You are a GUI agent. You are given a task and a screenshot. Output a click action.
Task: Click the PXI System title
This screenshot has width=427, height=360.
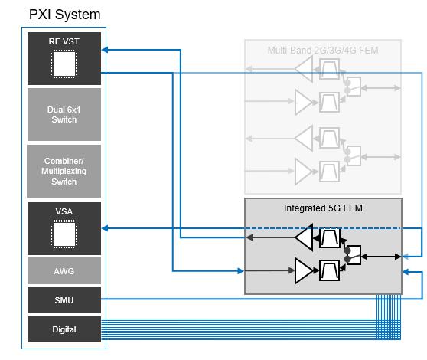pyautogui.click(x=64, y=15)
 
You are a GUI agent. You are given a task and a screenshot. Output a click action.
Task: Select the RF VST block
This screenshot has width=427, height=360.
pyautogui.click(x=64, y=58)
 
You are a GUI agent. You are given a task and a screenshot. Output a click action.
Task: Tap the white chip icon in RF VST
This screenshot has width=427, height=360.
pyautogui.click(x=64, y=64)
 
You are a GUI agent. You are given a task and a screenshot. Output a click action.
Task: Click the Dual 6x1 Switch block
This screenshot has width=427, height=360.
pyautogui.click(x=64, y=114)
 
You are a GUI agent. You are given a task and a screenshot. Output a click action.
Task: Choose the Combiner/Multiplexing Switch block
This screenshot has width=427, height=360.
pyautogui.click(x=64, y=171)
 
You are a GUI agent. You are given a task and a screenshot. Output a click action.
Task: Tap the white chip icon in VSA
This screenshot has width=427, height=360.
pyautogui.click(x=64, y=234)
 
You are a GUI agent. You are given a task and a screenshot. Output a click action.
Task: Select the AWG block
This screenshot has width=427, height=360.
pyautogui.click(x=64, y=271)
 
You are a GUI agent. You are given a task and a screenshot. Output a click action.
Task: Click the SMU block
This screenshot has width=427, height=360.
pyautogui.click(x=64, y=300)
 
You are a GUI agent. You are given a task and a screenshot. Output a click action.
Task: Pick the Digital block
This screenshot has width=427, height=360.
pyautogui.click(x=64, y=329)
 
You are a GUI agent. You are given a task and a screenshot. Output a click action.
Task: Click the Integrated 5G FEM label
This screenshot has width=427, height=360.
pyautogui.click(x=323, y=208)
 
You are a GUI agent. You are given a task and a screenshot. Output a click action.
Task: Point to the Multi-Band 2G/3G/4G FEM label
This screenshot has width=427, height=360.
pyautogui.click(x=323, y=51)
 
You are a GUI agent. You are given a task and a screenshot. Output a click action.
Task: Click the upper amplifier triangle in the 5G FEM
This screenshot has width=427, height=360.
pyautogui.click(x=305, y=237)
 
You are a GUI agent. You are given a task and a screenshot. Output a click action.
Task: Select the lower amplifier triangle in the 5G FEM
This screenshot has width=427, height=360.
pyautogui.click(x=304, y=270)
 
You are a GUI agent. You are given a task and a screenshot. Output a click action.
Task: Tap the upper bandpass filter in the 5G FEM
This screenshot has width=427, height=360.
pyautogui.click(x=330, y=237)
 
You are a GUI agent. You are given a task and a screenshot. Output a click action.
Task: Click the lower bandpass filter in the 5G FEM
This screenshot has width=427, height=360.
pyautogui.click(x=330, y=270)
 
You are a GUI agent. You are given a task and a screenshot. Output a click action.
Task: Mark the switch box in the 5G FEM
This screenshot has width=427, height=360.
pyautogui.click(x=354, y=255)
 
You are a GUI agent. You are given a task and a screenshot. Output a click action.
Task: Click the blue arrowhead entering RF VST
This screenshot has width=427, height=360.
pyautogui.click(x=105, y=50)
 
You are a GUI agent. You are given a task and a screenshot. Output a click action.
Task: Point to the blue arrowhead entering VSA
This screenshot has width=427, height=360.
pyautogui.click(x=105, y=228)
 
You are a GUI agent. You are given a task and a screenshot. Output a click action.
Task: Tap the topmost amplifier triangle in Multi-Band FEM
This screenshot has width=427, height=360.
pyautogui.click(x=304, y=69)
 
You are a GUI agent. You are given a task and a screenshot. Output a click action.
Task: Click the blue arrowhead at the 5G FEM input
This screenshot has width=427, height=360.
pyautogui.click(x=241, y=271)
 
